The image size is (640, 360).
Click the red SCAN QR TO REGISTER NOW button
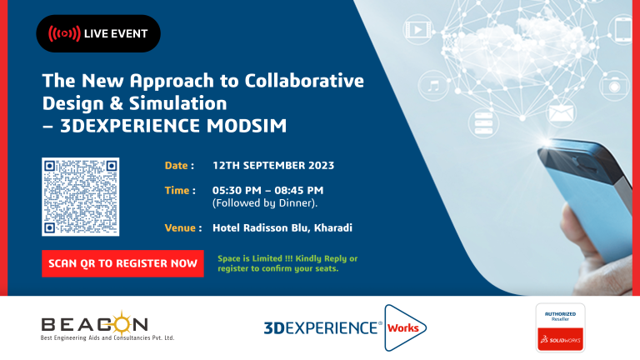(x=122, y=263)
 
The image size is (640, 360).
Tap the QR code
(x=80, y=197)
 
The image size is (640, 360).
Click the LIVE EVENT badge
(x=98, y=33)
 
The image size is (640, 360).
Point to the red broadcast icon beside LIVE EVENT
(x=64, y=33)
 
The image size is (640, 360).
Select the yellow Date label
(x=179, y=165)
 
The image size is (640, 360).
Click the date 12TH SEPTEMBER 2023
(x=273, y=165)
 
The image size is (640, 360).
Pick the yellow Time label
(x=180, y=190)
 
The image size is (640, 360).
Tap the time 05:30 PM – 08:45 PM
(x=267, y=190)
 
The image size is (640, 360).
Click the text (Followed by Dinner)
(x=264, y=202)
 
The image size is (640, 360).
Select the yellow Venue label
(x=183, y=227)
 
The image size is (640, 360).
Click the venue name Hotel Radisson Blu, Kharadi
(x=282, y=227)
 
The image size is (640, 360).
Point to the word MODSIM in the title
(x=247, y=126)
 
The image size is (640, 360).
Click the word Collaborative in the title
(x=304, y=80)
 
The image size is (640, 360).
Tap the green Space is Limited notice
(x=287, y=263)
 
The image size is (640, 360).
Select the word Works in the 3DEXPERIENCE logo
(x=402, y=327)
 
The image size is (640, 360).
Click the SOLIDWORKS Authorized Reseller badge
(x=560, y=327)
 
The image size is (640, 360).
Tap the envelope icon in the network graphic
(x=561, y=112)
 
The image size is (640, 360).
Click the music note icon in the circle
(x=433, y=86)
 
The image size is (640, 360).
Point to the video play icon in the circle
(x=417, y=30)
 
